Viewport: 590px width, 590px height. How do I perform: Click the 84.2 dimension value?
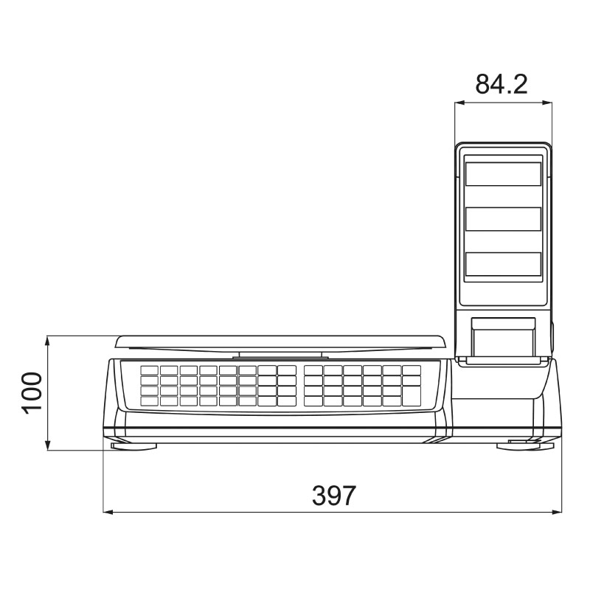coord(502,84)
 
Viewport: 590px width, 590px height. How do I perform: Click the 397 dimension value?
coord(334,496)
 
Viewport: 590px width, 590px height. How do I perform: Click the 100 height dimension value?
coord(32,393)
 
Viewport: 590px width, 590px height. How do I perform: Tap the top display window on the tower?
coord(503,174)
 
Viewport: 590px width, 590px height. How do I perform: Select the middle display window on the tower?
coord(503,219)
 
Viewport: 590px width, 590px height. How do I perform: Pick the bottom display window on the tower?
coord(503,264)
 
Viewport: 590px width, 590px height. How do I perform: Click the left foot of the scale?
coord(133,446)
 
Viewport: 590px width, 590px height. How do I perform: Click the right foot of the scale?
coord(525,446)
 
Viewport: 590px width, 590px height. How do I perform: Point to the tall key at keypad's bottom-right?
coord(412,396)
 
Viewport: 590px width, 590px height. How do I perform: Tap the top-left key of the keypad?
coord(150,371)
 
